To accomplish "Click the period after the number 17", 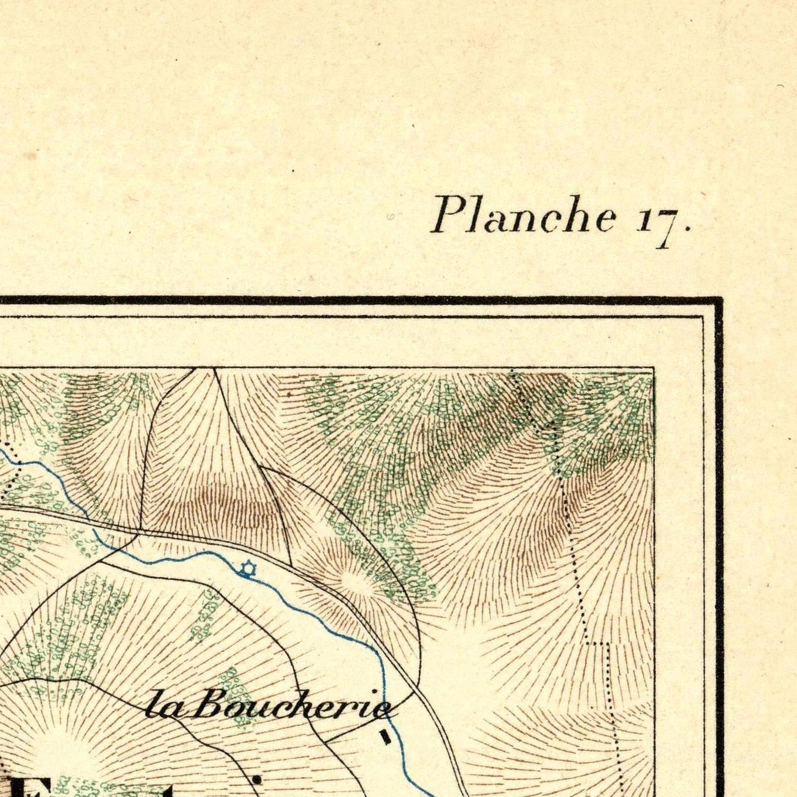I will [x=687, y=227].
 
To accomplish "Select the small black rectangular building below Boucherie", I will [x=386, y=737].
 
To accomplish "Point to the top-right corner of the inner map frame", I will [x=654, y=368].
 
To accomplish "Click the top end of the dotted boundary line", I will [x=512, y=371].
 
